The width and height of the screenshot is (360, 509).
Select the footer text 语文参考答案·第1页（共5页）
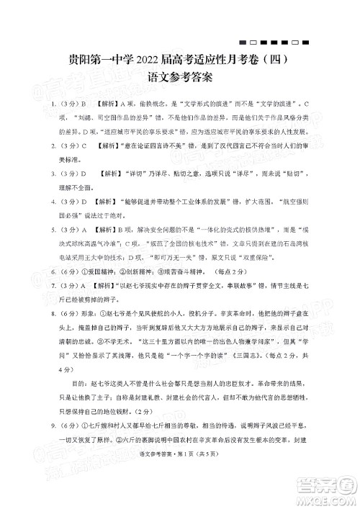coord(180,489)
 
